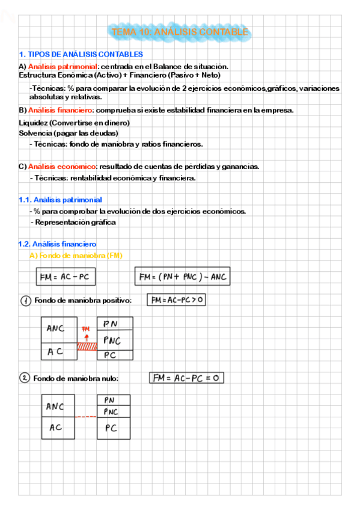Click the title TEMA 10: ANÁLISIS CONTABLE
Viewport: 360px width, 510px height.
click(180, 31)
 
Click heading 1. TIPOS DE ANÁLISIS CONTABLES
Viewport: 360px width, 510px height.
click(81, 55)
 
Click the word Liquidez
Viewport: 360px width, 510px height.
click(34, 123)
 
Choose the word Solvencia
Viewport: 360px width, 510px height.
click(35, 133)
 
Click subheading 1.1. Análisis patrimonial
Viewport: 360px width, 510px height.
click(60, 200)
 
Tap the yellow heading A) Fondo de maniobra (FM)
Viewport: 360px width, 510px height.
click(76, 256)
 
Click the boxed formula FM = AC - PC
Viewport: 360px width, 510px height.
click(67, 277)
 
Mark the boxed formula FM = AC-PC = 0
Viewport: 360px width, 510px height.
click(186, 378)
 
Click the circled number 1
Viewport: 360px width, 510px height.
click(25, 301)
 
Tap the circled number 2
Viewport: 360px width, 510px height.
click(25, 378)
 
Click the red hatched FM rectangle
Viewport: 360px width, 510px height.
click(86, 346)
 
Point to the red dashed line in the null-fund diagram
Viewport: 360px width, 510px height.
click(86, 417)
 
